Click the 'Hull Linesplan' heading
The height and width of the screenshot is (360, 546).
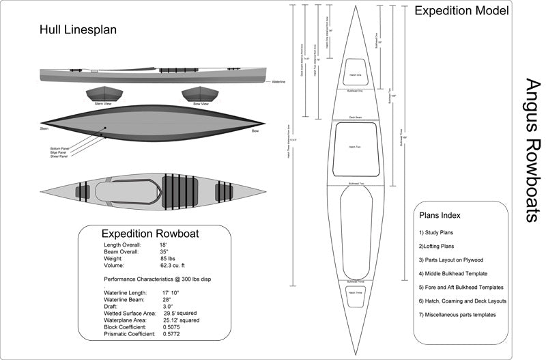coord(78,30)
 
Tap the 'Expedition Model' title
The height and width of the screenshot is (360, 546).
coord(461,11)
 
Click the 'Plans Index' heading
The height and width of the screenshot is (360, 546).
coord(440,215)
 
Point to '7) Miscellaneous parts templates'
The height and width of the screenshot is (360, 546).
coord(457,314)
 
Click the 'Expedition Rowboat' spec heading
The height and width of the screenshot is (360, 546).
coord(150,233)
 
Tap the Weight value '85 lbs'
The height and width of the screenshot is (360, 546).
coord(169,258)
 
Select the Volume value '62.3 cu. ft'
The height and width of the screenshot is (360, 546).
coord(175,266)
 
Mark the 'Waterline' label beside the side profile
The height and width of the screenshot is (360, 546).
coord(278,82)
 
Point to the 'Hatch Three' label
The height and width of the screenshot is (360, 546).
coord(354,292)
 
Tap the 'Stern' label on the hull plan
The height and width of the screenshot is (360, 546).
coord(44,128)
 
